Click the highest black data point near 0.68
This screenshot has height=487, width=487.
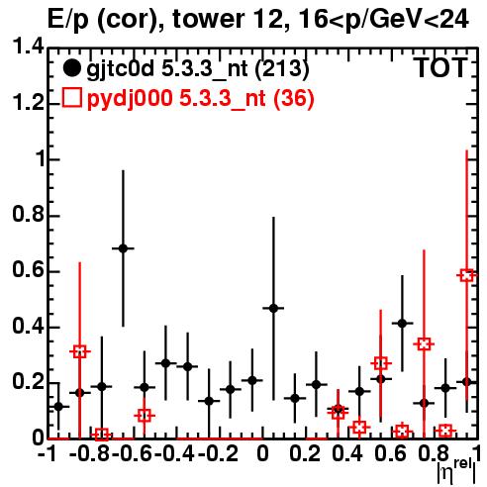[x=123, y=248]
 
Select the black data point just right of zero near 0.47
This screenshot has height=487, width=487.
[x=273, y=308]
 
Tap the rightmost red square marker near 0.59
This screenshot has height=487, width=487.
[x=466, y=275]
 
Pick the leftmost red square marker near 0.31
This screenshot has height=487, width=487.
[x=80, y=351]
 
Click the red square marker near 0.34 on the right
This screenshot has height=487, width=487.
[x=424, y=344]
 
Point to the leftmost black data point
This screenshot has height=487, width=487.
[x=58, y=407]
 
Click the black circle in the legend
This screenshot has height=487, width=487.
[x=71, y=68]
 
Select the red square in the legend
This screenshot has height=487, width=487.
[x=71, y=98]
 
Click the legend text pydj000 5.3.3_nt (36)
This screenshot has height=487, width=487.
[x=200, y=99]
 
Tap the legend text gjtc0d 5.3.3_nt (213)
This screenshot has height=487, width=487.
[x=198, y=69]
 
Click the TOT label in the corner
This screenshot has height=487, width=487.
[x=440, y=67]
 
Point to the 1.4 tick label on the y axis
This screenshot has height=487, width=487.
[x=28, y=49]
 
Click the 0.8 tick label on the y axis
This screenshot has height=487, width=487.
[x=28, y=215]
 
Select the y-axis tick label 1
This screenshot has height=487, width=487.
[x=40, y=159]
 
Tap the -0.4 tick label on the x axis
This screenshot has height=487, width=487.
[x=174, y=454]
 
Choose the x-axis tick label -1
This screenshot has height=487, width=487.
[x=47, y=454]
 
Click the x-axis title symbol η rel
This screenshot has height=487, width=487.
[x=456, y=471]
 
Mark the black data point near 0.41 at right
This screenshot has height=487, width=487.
[x=402, y=324]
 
